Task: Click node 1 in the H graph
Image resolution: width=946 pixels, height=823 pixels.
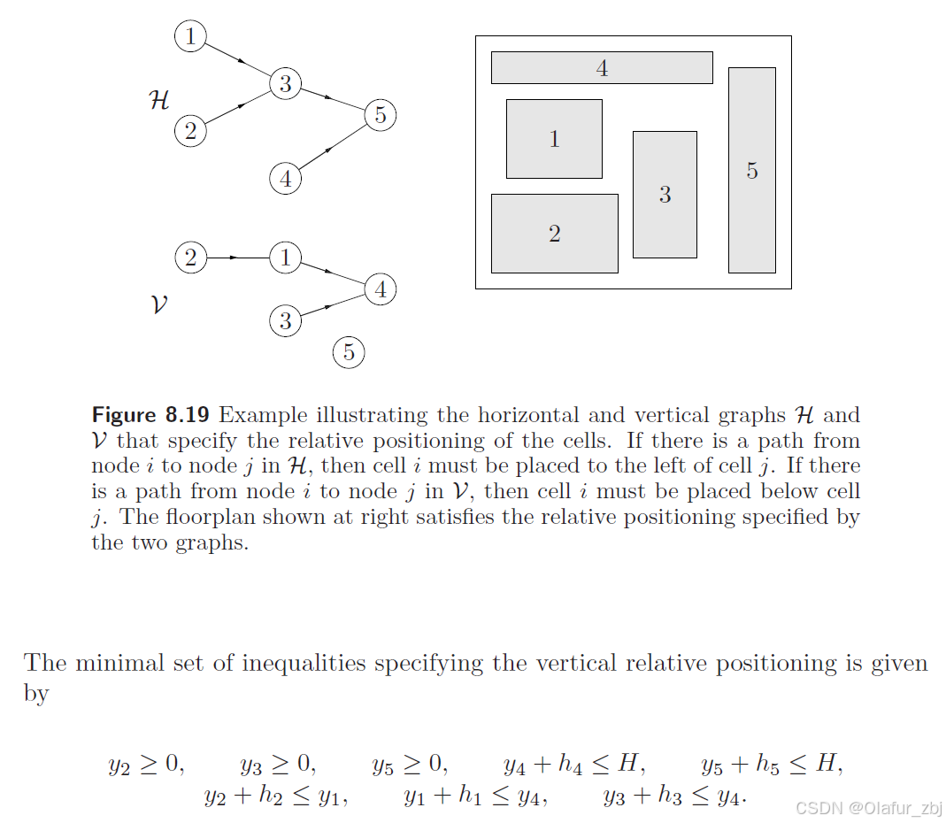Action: tap(190, 37)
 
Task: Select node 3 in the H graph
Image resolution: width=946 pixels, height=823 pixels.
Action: tap(285, 84)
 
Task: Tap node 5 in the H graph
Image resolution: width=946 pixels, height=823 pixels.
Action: tap(380, 114)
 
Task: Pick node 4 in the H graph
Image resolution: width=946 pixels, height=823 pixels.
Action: tap(285, 179)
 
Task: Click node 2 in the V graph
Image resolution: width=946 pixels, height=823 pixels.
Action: tap(190, 258)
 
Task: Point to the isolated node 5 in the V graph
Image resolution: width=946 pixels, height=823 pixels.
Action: tap(349, 353)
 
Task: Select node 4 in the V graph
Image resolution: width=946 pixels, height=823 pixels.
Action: tap(380, 289)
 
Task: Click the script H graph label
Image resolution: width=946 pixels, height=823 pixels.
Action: tap(159, 101)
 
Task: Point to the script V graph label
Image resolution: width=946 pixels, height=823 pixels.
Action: tap(159, 305)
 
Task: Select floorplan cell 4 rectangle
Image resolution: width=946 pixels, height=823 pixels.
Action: tap(602, 68)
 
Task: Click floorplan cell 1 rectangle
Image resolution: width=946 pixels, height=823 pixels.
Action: tap(554, 139)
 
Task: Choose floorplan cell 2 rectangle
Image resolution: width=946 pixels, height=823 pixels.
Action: tap(554, 234)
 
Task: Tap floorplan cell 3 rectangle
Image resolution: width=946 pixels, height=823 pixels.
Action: tap(665, 195)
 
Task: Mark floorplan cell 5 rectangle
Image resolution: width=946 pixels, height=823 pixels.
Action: tap(751, 170)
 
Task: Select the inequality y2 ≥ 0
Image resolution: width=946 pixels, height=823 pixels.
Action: tap(147, 765)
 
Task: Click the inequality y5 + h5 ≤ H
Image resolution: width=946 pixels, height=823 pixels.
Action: tap(771, 765)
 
